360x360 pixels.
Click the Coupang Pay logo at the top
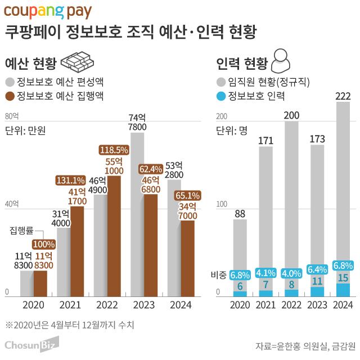tap(48, 11)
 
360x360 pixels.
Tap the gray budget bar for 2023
tap(138, 225)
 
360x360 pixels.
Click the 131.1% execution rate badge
tap(70, 181)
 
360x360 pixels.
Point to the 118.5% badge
tap(114, 150)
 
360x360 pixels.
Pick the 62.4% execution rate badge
tap(150, 169)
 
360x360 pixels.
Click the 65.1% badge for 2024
tap(188, 196)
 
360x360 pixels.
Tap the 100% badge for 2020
tap(43, 244)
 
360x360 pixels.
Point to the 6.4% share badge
tap(317, 269)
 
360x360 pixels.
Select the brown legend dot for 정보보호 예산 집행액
tap(10, 95)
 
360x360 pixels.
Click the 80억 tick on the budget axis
tap(12, 116)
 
